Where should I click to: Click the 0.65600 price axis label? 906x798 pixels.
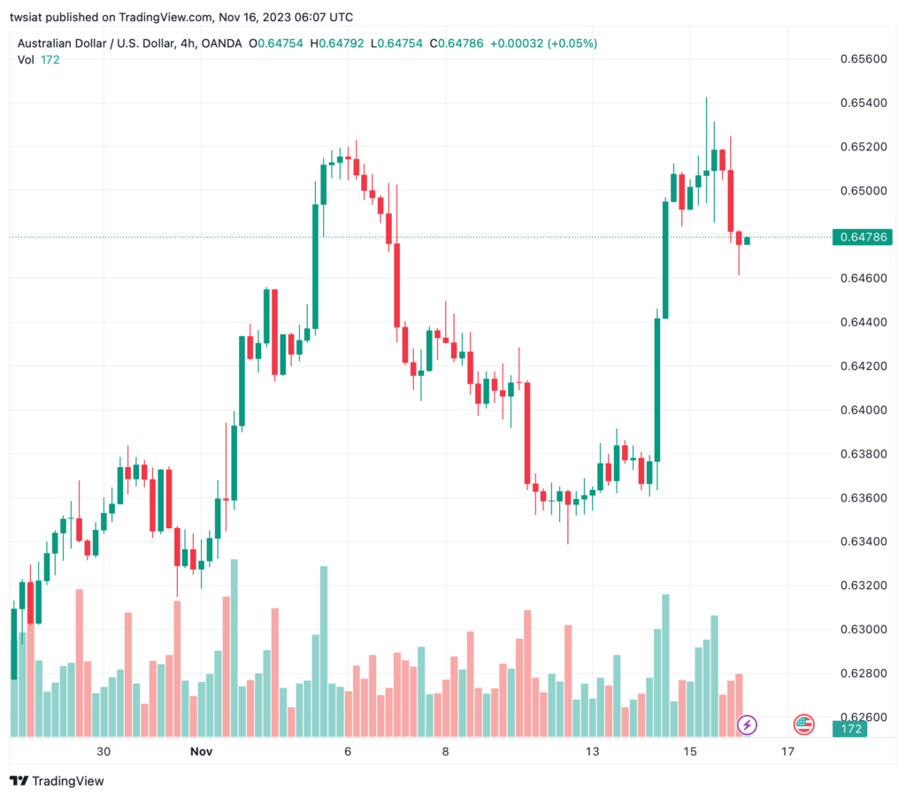coord(864,59)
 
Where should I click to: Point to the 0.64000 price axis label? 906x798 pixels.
coord(864,411)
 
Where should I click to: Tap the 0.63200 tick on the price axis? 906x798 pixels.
coord(864,586)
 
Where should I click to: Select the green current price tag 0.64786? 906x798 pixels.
coord(862,237)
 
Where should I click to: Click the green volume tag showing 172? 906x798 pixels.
coord(850,729)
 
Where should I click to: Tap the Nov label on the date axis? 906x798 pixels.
coord(201,751)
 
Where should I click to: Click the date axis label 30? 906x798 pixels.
coord(104,751)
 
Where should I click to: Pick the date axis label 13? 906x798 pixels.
coord(592,751)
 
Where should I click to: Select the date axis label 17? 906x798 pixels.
coord(787,751)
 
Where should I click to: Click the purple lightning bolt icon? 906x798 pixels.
coord(747,725)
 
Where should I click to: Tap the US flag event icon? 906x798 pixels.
coord(803,725)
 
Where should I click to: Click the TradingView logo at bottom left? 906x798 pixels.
coord(58,781)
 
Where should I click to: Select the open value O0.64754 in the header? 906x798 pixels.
coord(276,43)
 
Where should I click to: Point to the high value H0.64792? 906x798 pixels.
coord(337,43)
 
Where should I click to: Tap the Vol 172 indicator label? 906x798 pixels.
coord(38,59)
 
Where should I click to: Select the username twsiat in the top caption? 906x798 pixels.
coord(26,18)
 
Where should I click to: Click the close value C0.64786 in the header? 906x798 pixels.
coord(457,43)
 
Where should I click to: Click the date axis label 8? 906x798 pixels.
coord(446,751)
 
